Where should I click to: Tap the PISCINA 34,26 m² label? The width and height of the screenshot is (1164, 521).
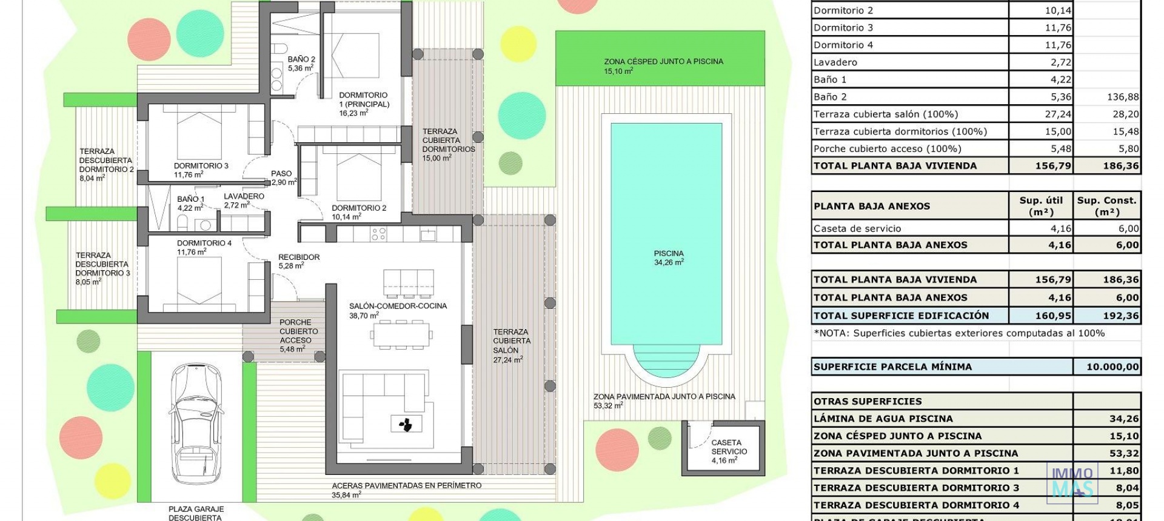click(x=668, y=258)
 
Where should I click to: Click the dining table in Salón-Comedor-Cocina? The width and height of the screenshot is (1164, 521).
click(x=401, y=334)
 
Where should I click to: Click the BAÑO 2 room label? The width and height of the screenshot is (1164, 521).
click(x=301, y=64)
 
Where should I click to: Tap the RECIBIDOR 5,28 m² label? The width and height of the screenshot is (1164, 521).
click(x=298, y=261)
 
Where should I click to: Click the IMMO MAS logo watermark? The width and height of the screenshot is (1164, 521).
click(x=1072, y=482)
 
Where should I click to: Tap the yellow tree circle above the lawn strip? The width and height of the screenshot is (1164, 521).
click(x=519, y=43)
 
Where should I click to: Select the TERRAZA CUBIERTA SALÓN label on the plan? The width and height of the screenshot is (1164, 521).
click(x=511, y=345)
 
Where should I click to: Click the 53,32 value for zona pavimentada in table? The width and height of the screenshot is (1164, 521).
click(x=1124, y=453)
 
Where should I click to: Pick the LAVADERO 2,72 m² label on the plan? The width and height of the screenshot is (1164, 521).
click(x=244, y=201)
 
